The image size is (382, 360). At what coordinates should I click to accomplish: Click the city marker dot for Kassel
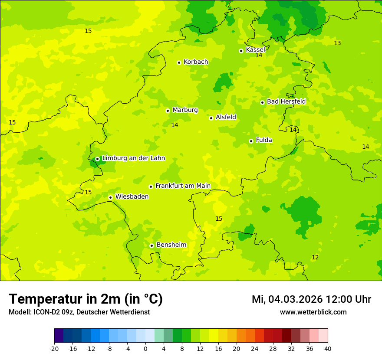pos(241,51)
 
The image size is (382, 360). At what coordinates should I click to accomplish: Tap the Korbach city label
pos(196,62)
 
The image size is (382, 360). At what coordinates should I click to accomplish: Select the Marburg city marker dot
pos(168,111)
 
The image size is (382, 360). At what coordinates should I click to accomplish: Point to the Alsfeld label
pos(226,117)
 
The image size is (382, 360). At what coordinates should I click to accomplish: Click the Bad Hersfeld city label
pos(286,101)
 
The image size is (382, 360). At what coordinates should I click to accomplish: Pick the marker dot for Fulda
pos(251,141)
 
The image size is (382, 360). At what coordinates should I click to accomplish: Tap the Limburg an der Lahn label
pos(133,158)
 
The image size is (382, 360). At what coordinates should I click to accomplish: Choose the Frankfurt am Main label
pos(183,186)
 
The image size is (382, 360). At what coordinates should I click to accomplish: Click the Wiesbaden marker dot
pos(111,197)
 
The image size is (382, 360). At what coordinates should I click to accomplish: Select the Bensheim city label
pos(171,245)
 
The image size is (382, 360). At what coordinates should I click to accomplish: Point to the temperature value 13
pos(337,43)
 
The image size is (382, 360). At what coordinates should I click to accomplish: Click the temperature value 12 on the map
pos(315,258)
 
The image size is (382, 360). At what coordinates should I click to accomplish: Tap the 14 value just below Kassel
pos(259,56)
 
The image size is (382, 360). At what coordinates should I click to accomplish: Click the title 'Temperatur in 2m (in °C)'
pos(86,299)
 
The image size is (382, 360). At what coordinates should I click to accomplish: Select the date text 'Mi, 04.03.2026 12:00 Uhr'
pos(311,299)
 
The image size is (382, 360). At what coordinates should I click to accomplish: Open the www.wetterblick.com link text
pos(313,312)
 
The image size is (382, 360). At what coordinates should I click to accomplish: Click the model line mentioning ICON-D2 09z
pos(79,312)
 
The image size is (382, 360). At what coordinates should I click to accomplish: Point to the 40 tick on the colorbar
pos(327,348)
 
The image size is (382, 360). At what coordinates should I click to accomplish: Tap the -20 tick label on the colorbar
pos(54,348)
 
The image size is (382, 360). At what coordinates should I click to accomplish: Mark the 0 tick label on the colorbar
pos(145,348)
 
